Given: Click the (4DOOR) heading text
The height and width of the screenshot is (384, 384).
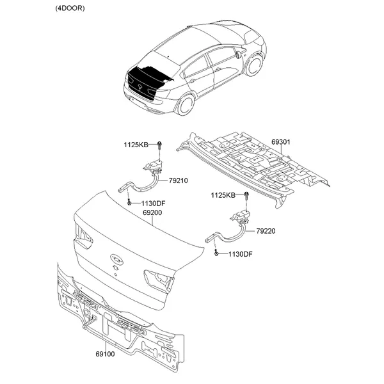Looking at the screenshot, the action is coord(70,8).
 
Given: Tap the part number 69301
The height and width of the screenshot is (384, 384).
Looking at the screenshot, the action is coord(281,142).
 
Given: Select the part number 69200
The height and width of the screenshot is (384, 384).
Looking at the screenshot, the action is coord(152,212).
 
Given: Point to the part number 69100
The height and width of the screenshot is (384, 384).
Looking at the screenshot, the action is coord(105,354).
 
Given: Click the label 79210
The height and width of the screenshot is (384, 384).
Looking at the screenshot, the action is coord(179,180).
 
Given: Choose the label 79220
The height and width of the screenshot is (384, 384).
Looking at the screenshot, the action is coord(266,231).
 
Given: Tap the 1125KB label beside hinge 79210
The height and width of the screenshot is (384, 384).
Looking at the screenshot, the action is coord(136,145).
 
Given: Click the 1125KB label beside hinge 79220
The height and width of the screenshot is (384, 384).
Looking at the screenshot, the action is coord(223,195).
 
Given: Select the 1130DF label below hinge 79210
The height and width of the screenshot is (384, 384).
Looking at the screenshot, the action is coord(154,204).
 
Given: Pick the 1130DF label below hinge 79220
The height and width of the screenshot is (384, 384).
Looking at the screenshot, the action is coord(240,254).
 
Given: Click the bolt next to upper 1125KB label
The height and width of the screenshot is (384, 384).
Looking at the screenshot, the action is coord(159,145).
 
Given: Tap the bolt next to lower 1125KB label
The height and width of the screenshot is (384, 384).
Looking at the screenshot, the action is coord(246,196).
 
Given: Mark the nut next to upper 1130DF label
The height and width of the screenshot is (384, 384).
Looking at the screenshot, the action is coord(129,203).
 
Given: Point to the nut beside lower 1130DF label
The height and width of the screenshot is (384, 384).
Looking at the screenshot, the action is coord(216,253).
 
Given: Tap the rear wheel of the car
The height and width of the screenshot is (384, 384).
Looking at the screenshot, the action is coord(186,104).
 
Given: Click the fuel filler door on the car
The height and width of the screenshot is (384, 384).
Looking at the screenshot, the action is coord(237,54).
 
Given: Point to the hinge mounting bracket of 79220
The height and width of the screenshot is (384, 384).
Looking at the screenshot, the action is coord(241,216).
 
